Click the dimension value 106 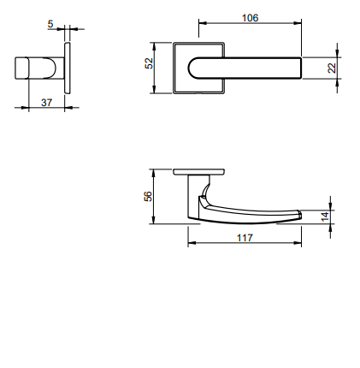coord(250,17)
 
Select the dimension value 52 coord(149,64)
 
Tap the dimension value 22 coord(332,68)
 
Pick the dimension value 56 coord(149,196)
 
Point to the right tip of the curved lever coord(298,215)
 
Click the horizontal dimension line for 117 coord(245,245)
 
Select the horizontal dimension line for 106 coord(250,25)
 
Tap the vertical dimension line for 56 coord(156,196)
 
